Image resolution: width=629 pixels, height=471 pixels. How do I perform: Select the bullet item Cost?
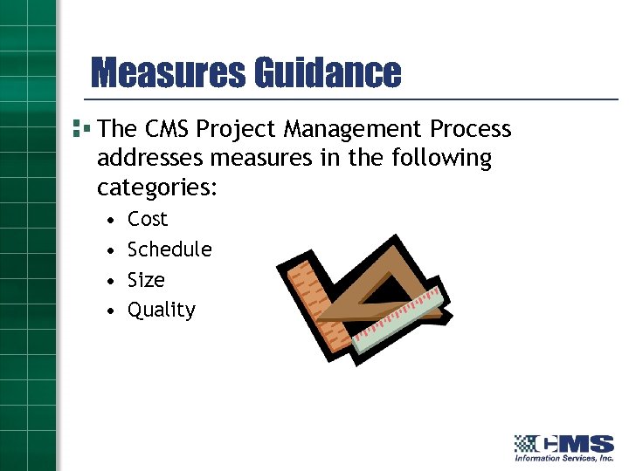(147, 219)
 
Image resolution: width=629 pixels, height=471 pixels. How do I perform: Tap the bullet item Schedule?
(169, 249)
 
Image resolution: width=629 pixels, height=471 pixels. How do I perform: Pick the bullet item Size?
(146, 280)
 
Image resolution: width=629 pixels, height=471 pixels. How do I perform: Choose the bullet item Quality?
(162, 311)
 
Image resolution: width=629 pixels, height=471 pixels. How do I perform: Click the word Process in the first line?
(470, 129)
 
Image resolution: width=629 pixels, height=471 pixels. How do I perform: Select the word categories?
(157, 188)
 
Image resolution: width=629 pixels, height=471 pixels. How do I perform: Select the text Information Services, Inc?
(563, 458)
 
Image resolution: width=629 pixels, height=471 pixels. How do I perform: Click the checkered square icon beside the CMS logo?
(525, 443)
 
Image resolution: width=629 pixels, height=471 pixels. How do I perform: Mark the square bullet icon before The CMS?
(81, 128)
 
